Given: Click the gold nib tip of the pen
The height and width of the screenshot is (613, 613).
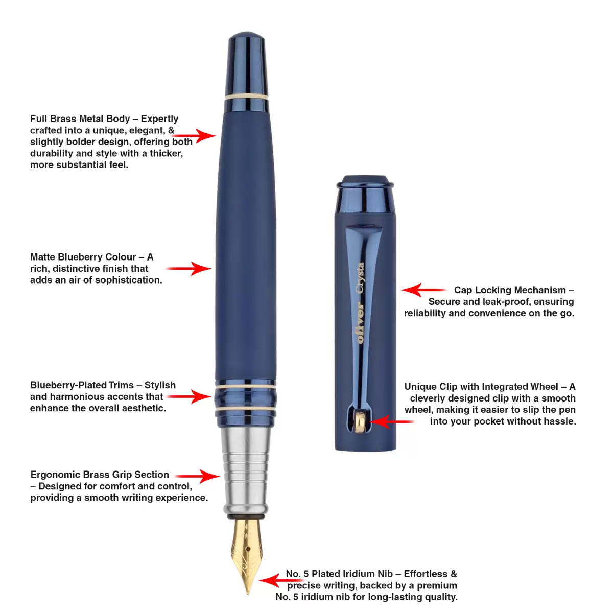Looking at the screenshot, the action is point(248,593).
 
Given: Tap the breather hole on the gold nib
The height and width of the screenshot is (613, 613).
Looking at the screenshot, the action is point(248,549).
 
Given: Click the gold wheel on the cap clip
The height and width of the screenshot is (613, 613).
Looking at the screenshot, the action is point(360,422).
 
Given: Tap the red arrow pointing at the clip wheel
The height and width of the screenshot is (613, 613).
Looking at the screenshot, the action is point(392,422).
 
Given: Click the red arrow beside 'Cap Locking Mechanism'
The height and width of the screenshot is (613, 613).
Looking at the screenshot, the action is point(423,290).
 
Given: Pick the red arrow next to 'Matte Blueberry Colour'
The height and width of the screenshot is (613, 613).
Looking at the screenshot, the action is point(188,269).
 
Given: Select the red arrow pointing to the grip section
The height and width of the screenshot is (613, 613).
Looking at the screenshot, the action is point(197,476).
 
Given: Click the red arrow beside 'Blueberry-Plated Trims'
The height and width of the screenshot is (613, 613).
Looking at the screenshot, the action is point(188,397).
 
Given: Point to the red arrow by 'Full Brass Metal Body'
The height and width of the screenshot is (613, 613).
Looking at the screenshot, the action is point(193,136).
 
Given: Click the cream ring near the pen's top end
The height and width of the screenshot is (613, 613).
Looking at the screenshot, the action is point(246,97).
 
